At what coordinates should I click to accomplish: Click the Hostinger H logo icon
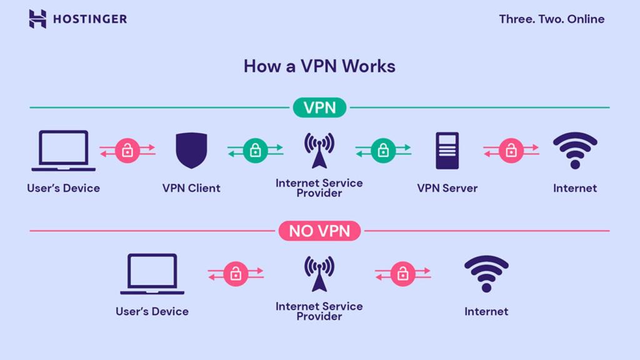click(37, 19)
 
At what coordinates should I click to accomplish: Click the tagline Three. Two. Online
click(551, 19)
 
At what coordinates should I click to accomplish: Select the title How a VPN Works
click(319, 66)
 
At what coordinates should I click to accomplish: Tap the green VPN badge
click(319, 107)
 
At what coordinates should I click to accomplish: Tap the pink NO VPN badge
click(319, 231)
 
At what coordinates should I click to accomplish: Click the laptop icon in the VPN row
click(63, 151)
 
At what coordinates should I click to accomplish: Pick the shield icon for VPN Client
click(191, 151)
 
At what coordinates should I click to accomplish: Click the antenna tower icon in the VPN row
click(319, 151)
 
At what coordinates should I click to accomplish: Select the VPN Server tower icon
click(447, 151)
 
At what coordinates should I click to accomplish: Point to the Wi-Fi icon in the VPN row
click(574, 151)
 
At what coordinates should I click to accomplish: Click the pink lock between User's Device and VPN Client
click(127, 151)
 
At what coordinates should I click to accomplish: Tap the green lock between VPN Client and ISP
click(255, 151)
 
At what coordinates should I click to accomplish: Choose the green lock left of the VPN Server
click(383, 151)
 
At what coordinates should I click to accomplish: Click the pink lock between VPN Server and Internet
click(511, 151)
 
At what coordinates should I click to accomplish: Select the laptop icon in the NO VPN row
click(152, 274)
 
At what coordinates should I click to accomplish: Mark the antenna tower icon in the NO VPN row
click(319, 274)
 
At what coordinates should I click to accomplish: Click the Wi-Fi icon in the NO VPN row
click(486, 274)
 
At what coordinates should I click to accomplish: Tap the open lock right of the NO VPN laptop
click(236, 274)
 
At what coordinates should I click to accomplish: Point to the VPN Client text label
click(191, 188)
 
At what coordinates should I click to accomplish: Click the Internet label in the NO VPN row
click(486, 311)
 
